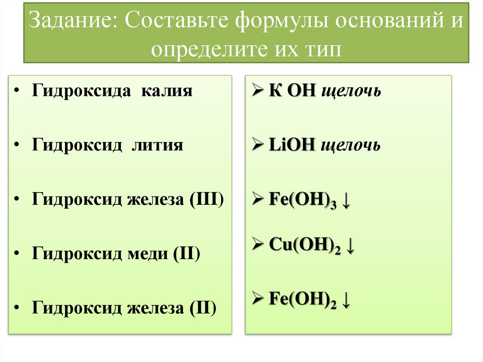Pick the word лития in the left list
(x=157, y=145)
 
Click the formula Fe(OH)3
(x=302, y=201)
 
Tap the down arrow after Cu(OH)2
(x=350, y=245)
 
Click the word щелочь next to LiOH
(x=350, y=145)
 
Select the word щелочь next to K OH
(x=351, y=91)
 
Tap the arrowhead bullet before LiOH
(x=258, y=145)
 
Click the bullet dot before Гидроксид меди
(x=17, y=254)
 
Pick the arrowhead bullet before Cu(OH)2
(x=258, y=245)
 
